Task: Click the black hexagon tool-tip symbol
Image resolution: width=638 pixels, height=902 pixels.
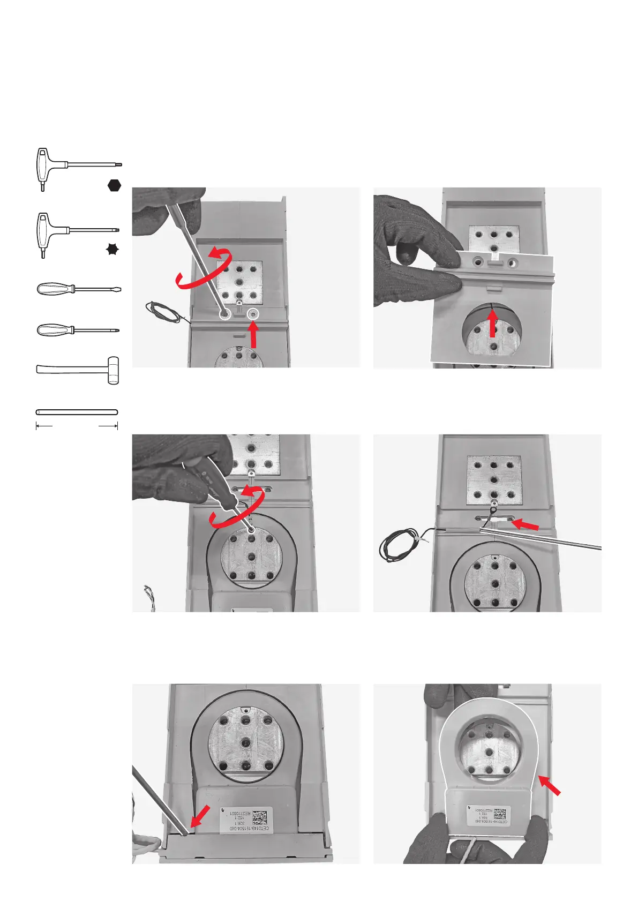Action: [x=114, y=185]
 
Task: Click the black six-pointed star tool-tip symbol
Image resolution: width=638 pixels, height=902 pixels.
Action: [x=112, y=249]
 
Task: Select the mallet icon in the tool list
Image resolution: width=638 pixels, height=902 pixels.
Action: [x=78, y=370]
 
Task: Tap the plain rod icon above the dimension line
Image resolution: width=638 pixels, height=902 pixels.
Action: [x=77, y=412]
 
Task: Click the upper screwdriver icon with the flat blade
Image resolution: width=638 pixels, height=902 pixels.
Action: [x=78, y=289]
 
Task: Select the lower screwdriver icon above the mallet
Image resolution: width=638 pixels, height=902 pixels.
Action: [x=77, y=329]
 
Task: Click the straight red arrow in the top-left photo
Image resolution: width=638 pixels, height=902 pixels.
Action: [x=254, y=337]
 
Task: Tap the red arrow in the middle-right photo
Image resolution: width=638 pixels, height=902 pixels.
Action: [x=526, y=523]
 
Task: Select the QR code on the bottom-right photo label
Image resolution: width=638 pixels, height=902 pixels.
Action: [x=499, y=813]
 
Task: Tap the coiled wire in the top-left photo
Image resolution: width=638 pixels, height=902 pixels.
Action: [x=163, y=312]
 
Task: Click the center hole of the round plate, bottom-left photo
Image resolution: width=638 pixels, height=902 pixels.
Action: [x=246, y=743]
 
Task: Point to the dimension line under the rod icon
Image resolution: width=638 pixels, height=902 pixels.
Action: [x=77, y=426]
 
